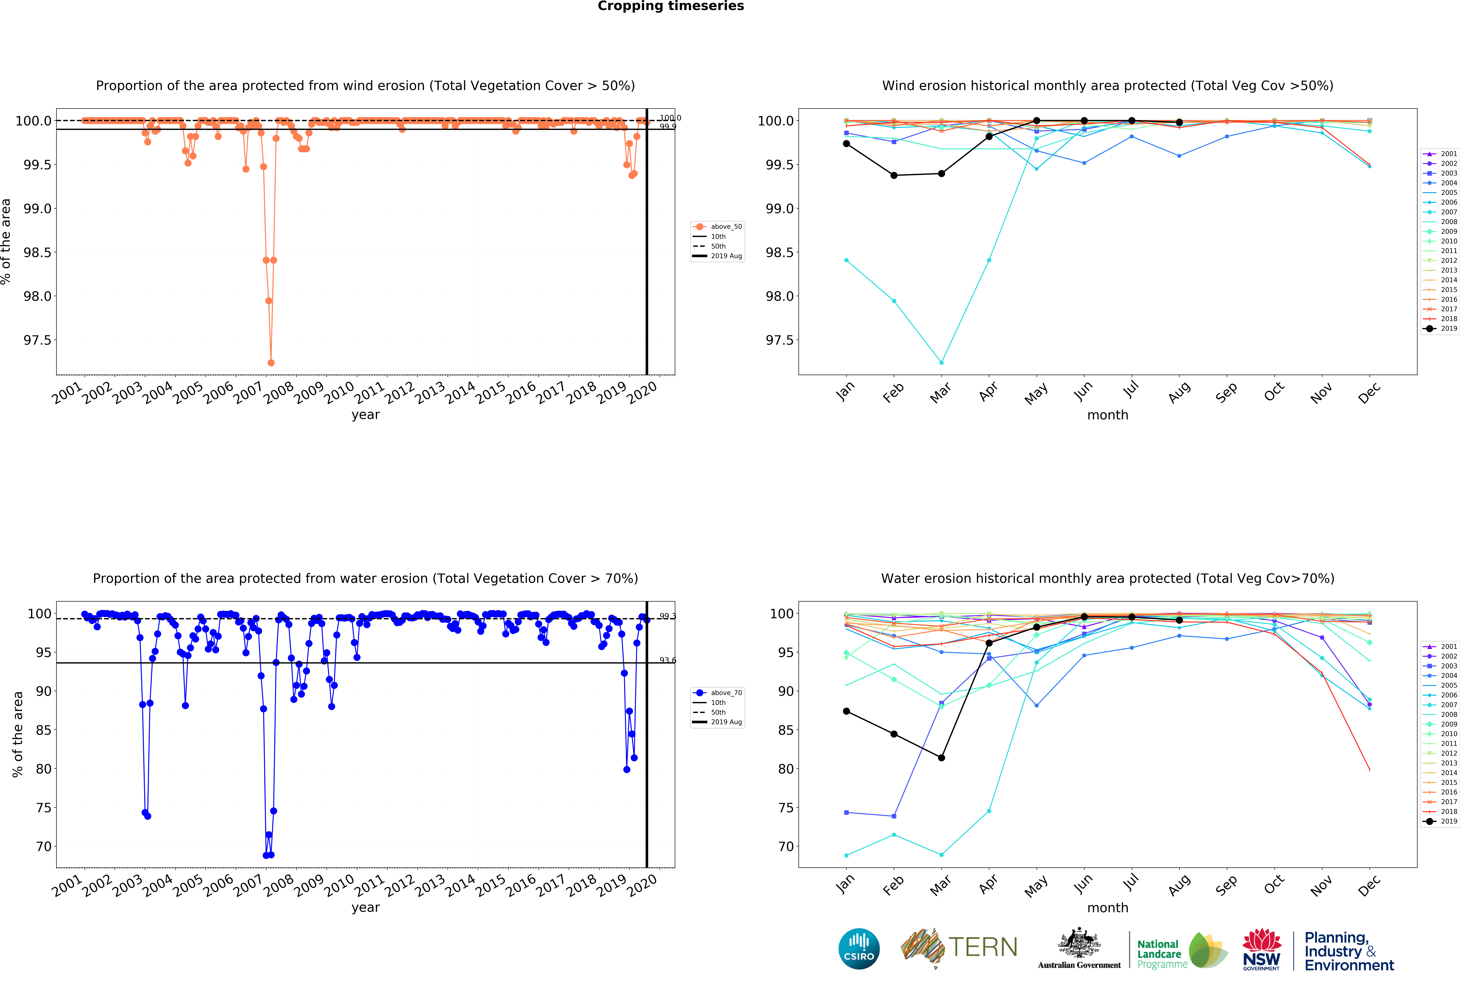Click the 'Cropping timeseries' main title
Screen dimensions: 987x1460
point(670,6)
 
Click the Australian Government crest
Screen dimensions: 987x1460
point(1079,942)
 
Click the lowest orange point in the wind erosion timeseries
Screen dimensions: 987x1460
point(271,363)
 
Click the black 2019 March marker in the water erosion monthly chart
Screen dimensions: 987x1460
point(941,758)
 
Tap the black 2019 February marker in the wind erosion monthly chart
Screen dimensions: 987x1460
point(894,175)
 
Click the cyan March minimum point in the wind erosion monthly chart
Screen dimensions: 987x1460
point(941,363)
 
